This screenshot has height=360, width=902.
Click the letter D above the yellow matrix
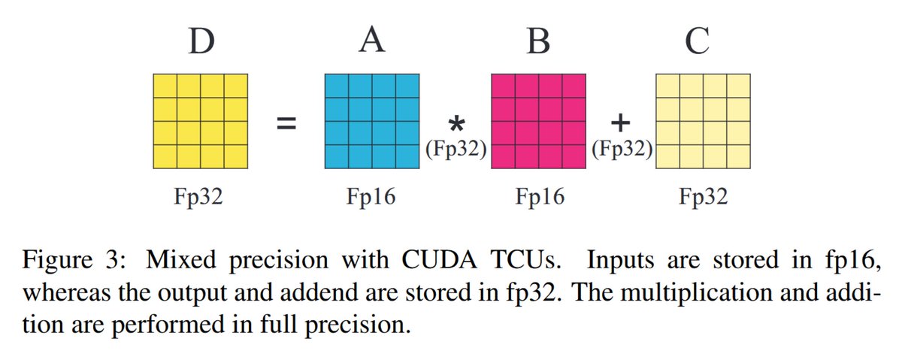coord(200,42)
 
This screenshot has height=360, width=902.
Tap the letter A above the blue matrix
coord(371,42)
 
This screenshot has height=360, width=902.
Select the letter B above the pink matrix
coord(537,42)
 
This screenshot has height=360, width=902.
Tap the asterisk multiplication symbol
coord(456,123)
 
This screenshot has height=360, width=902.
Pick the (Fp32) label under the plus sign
coord(622,150)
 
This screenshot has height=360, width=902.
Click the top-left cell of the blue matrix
coord(337,86)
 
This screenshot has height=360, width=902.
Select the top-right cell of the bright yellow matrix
coord(235,86)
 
